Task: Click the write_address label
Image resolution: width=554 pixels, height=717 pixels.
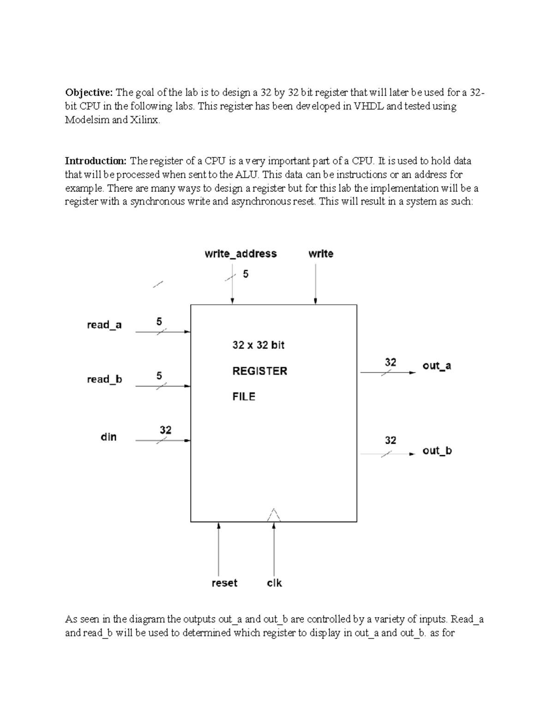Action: pyautogui.click(x=241, y=253)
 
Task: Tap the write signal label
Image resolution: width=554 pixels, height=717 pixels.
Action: pyautogui.click(x=321, y=253)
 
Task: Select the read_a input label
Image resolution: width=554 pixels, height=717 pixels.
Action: pyautogui.click(x=104, y=325)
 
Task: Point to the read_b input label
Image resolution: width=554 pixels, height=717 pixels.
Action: pyautogui.click(x=104, y=380)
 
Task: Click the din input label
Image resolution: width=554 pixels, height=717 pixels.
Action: pyautogui.click(x=108, y=437)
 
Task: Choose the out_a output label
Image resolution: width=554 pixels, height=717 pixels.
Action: pyautogui.click(x=437, y=366)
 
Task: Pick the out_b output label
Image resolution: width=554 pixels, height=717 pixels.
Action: pyautogui.click(x=437, y=451)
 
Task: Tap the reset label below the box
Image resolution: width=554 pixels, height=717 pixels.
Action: pyautogui.click(x=224, y=583)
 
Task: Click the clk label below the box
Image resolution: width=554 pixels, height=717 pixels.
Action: pyautogui.click(x=274, y=583)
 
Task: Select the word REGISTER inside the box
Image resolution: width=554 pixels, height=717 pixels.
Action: pyautogui.click(x=259, y=371)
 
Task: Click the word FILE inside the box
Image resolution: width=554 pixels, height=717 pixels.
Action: pyautogui.click(x=244, y=397)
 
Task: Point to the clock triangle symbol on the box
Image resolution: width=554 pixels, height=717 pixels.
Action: pyautogui.click(x=274, y=515)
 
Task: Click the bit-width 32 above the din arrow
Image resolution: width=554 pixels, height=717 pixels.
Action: pyautogui.click(x=165, y=430)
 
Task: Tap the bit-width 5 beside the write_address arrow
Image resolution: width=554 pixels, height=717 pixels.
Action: pyautogui.click(x=246, y=274)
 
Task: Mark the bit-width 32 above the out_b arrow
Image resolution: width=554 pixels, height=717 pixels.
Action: pyautogui.click(x=391, y=440)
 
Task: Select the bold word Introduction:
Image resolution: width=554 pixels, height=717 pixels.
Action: pyautogui.click(x=95, y=161)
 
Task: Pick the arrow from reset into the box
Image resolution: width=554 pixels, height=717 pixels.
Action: pyautogui.click(x=219, y=549)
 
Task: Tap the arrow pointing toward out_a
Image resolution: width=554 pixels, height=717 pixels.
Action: pyautogui.click(x=388, y=373)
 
